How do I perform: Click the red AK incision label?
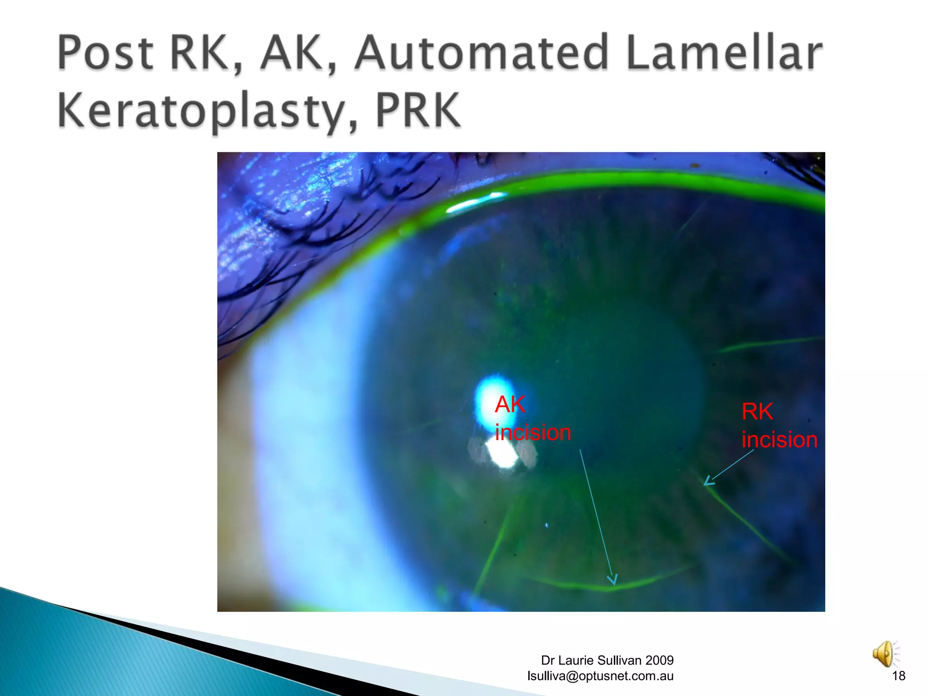tap(532, 418)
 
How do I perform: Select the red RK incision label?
tap(779, 426)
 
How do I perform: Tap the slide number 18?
tap(898, 676)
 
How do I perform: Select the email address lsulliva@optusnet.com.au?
tap(600, 676)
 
